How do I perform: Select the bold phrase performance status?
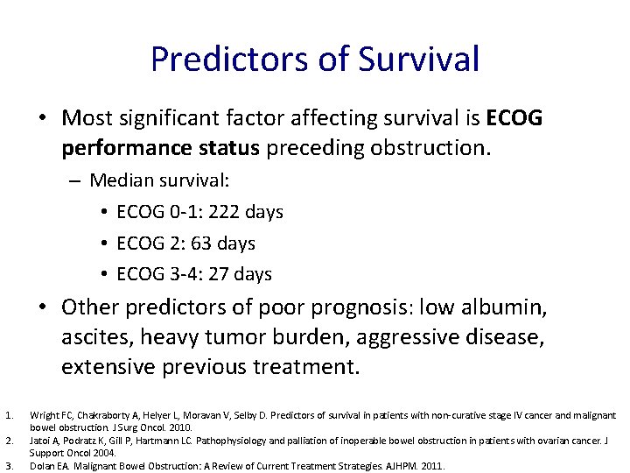[160, 148]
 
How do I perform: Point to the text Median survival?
[159, 180]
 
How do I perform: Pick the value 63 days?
[224, 243]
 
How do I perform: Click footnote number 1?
[8, 414]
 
